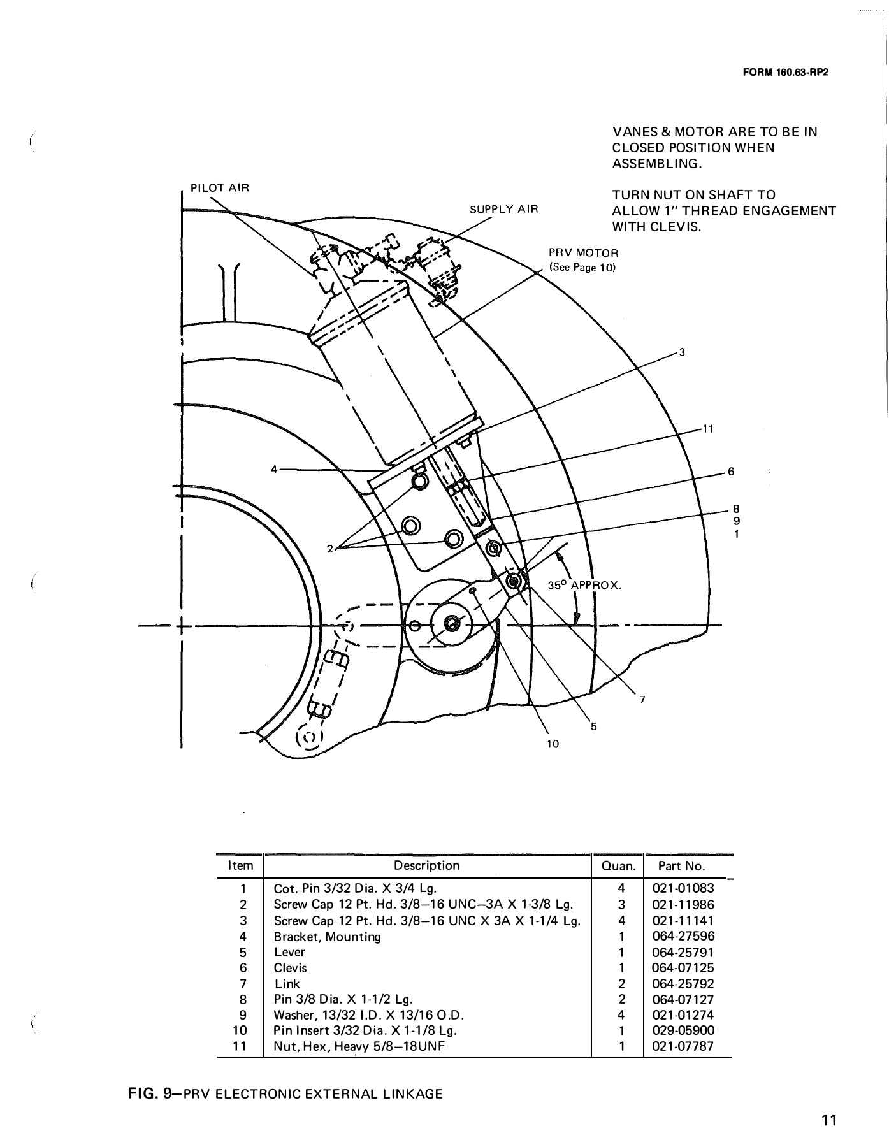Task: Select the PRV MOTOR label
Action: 583,252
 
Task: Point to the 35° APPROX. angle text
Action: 584,584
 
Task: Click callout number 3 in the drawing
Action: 681,352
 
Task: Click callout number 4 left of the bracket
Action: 274,469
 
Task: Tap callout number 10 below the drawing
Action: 553,744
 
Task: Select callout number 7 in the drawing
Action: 642,700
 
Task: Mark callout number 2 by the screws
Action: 330,549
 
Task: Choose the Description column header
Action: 426,865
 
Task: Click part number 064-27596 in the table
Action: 683,936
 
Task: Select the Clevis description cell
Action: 290,968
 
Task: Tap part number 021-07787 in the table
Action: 683,1046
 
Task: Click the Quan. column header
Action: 617,866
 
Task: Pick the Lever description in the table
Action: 289,952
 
